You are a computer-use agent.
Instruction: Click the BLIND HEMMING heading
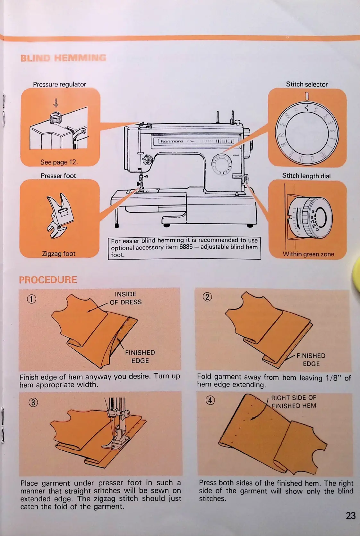click(x=63, y=58)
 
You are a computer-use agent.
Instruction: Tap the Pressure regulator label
click(x=59, y=84)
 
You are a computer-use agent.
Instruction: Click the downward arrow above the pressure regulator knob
click(x=56, y=103)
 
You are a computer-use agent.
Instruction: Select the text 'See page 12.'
click(x=59, y=162)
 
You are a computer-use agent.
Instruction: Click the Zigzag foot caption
click(x=59, y=253)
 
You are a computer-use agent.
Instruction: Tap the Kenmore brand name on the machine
click(x=172, y=141)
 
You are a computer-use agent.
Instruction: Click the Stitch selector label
click(x=307, y=84)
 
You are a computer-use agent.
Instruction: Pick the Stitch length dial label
click(x=306, y=176)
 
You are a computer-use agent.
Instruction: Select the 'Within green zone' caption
click(x=308, y=254)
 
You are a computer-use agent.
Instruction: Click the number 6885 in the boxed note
click(x=186, y=247)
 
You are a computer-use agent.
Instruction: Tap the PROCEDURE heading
click(x=48, y=280)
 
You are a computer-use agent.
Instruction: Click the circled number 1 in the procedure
click(x=31, y=299)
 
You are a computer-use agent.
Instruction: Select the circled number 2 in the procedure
click(x=207, y=297)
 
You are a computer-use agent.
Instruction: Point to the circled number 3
click(x=33, y=402)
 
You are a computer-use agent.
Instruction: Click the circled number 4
click(x=210, y=400)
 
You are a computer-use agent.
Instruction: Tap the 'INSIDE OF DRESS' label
click(x=125, y=298)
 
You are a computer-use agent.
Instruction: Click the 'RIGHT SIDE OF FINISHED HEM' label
click(x=294, y=402)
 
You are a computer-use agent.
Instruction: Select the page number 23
click(x=350, y=515)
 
